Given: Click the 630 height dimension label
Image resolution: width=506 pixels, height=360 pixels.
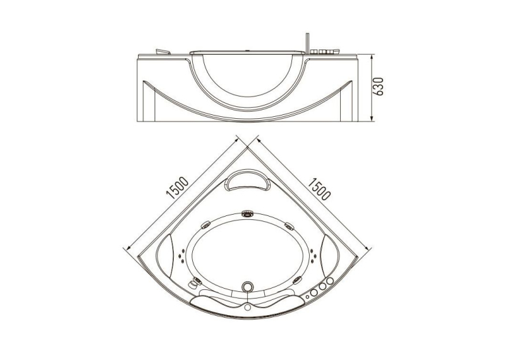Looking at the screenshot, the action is (x=379, y=87).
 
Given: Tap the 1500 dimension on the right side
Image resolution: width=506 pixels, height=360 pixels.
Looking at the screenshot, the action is (x=319, y=188).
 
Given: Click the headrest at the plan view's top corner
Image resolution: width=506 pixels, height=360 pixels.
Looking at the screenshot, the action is (x=248, y=181).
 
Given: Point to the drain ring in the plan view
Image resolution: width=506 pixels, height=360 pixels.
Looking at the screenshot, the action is (x=248, y=287).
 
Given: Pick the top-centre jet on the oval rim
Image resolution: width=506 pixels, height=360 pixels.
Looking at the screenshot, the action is (x=248, y=213).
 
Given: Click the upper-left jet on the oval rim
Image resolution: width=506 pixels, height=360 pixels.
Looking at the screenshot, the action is (x=205, y=225).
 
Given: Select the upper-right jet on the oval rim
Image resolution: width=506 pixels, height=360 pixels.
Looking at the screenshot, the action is (x=289, y=226).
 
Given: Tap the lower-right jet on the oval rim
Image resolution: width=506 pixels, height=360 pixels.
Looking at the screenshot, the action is (x=297, y=280).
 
